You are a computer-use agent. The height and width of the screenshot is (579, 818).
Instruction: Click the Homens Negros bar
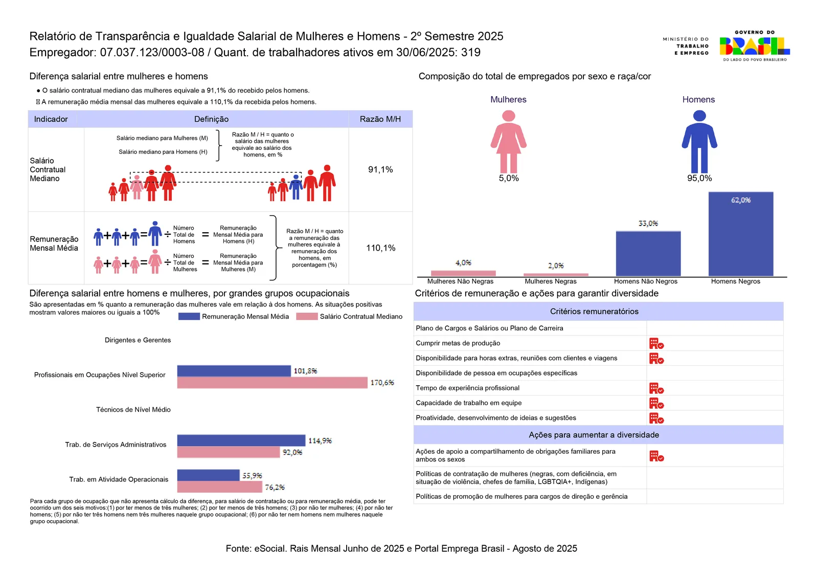pos(741,234)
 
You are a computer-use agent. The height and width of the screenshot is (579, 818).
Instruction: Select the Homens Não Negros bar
pos(648,254)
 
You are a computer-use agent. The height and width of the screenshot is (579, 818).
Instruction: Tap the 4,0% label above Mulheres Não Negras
pos(463,263)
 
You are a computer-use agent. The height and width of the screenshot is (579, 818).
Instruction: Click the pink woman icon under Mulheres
pos(508,141)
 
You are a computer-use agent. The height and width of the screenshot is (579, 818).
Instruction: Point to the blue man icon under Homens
pos(699,141)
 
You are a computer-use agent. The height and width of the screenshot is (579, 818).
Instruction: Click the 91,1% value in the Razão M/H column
pos(380,169)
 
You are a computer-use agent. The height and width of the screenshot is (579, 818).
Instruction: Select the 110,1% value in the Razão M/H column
pos(380,248)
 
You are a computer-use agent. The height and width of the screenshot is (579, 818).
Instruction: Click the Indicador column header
pos(51,119)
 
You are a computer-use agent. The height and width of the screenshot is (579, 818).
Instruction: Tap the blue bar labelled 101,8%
pos(234,371)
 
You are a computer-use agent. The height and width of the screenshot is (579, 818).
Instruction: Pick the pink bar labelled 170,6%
pos(272,383)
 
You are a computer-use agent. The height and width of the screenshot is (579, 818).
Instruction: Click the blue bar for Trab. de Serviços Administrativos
pos(241,440)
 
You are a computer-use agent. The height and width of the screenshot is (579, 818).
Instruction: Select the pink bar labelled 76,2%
pos(220,486)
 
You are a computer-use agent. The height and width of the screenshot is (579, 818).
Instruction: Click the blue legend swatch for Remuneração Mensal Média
pos(189,316)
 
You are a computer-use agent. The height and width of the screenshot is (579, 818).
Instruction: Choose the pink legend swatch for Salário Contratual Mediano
pos(307,316)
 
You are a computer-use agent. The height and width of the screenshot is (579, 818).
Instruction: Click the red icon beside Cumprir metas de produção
pos(656,343)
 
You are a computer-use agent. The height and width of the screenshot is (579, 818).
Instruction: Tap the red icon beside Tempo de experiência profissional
pos(656,388)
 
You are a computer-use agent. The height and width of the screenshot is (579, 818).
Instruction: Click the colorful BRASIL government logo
pos(755,46)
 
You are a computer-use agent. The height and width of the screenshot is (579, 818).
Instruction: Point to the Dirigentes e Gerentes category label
pos(138,340)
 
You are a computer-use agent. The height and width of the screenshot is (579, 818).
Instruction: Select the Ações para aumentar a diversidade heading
pos(594,435)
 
